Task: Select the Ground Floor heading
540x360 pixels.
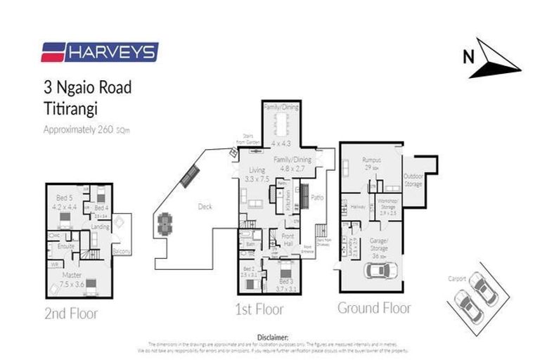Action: [x=374, y=307]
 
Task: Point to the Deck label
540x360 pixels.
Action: [x=204, y=207]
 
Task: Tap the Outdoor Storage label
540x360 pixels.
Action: [x=413, y=180]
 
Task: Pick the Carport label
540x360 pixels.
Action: [x=458, y=278]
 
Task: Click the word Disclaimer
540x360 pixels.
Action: [x=273, y=337]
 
